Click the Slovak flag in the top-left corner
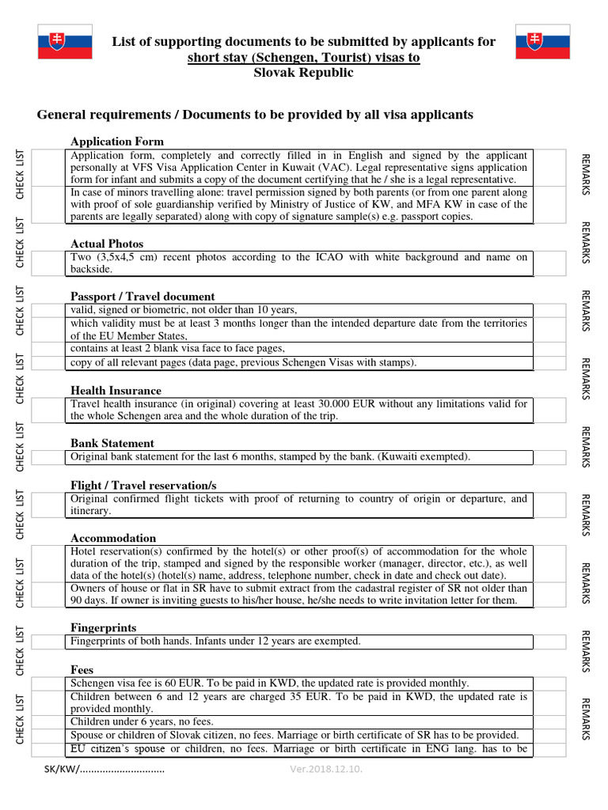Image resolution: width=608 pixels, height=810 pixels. [x=65, y=42]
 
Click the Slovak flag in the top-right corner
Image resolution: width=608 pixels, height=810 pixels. [x=542, y=42]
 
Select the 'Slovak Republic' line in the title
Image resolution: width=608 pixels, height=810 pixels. [x=303, y=73]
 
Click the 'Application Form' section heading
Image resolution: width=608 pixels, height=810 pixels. [x=117, y=142]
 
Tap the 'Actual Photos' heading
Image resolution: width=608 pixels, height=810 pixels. [x=107, y=244]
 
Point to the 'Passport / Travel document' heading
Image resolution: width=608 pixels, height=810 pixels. [x=142, y=297]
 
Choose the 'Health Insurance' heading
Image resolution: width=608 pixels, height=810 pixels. [x=116, y=391]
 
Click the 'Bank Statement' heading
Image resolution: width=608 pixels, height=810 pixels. [x=112, y=443]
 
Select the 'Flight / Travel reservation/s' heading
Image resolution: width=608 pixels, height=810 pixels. [x=143, y=485]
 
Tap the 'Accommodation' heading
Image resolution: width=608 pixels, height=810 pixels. [x=113, y=538]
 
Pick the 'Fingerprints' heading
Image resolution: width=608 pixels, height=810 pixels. [x=104, y=627]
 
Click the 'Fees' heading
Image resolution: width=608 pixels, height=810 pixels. [x=82, y=669]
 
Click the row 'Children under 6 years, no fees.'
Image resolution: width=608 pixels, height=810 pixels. [x=142, y=722]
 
